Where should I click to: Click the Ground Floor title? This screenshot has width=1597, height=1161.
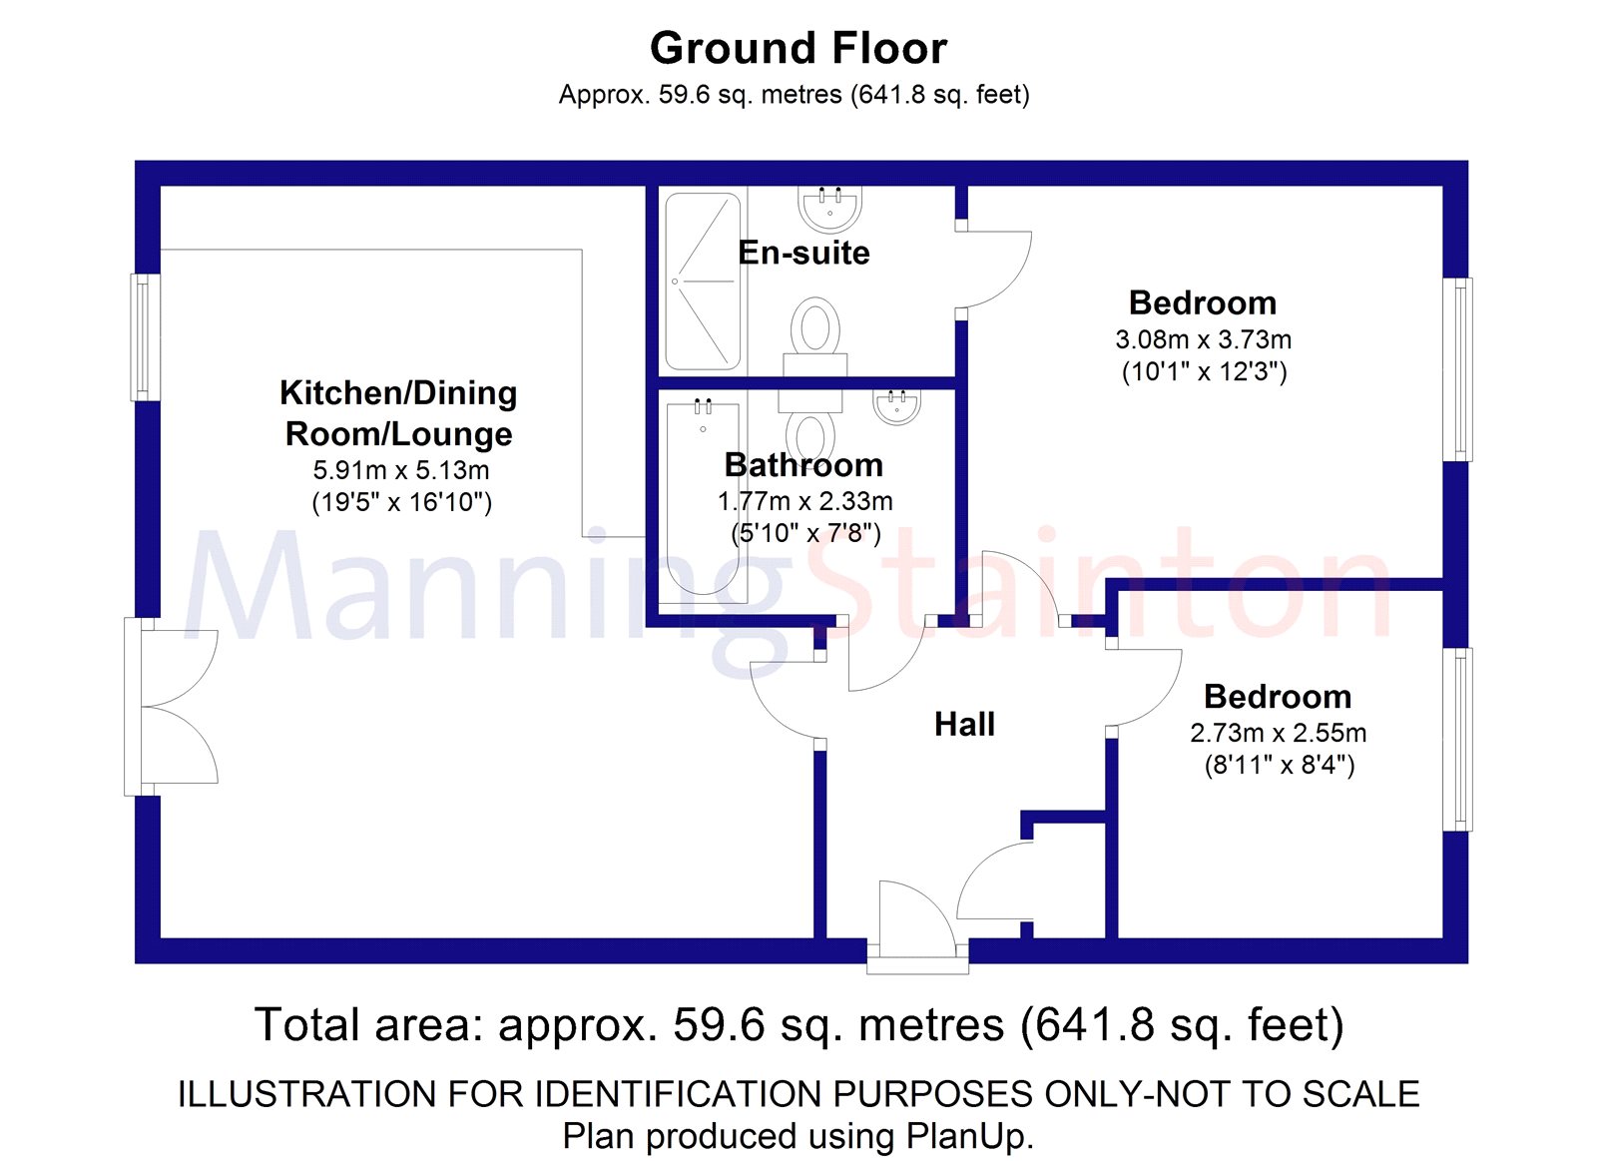[798, 49]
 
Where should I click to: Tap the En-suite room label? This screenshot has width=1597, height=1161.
[803, 254]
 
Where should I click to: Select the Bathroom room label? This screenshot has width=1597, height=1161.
[803, 465]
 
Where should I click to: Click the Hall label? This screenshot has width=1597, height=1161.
[964, 725]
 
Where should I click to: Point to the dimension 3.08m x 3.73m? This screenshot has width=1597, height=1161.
[1203, 339]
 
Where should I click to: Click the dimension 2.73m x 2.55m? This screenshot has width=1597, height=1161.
[1278, 733]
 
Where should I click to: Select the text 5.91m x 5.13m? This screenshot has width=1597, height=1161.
[400, 470]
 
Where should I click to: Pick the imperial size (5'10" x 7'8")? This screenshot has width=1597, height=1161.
[805, 533]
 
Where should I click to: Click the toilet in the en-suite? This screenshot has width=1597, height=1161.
[814, 336]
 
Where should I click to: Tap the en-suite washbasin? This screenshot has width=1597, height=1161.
[829, 208]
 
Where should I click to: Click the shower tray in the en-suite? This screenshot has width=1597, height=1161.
[703, 281]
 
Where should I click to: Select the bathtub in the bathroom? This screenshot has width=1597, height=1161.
[703, 498]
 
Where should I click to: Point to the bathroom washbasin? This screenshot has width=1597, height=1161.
[896, 407]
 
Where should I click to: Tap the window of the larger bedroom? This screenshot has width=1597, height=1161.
[1457, 369]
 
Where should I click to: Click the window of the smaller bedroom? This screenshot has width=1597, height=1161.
[1457, 740]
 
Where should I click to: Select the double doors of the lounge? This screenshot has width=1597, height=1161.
[171, 707]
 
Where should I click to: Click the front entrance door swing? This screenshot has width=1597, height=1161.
[917, 919]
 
